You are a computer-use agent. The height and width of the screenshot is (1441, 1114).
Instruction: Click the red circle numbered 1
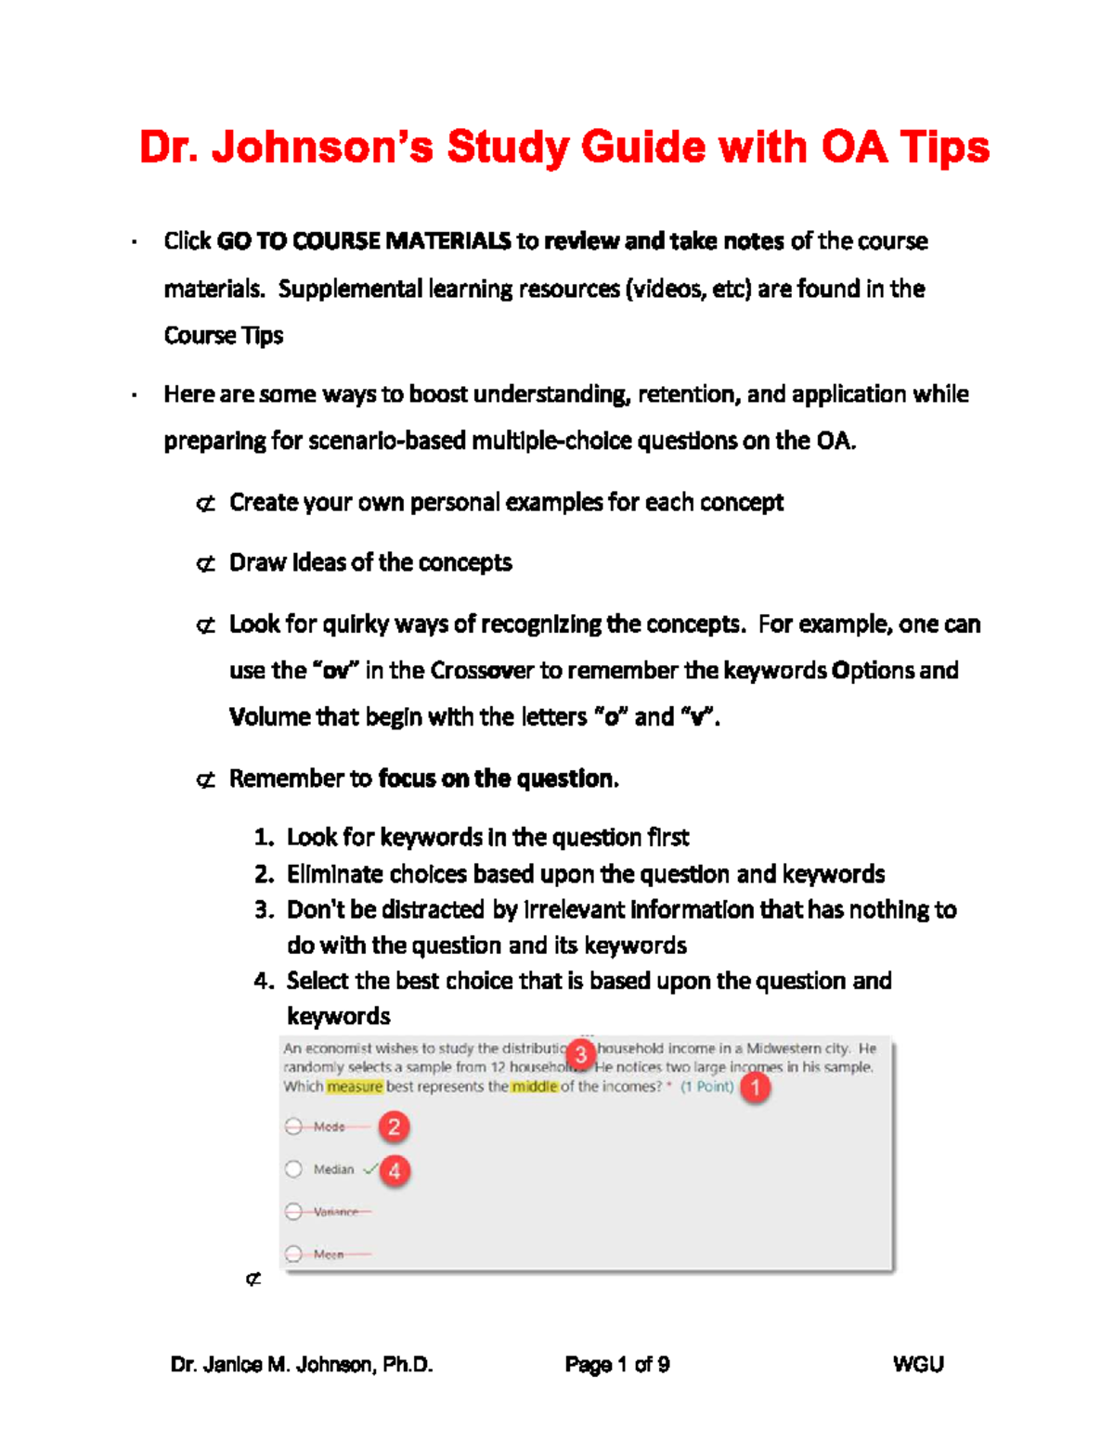[755, 1087]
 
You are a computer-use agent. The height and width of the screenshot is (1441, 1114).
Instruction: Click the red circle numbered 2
[394, 1127]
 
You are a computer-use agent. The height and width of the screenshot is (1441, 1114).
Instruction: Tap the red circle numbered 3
[581, 1054]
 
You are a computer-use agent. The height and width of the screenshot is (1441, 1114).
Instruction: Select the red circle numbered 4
[395, 1171]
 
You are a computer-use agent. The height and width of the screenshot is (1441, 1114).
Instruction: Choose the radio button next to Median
[294, 1169]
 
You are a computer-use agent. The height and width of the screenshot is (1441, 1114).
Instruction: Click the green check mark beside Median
[369, 1169]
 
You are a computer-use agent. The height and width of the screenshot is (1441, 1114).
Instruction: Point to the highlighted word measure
[355, 1087]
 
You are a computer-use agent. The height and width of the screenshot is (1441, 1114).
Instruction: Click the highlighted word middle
[535, 1087]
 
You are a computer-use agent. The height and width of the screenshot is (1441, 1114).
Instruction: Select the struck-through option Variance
[335, 1212]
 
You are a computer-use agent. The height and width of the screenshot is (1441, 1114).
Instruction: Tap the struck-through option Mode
[329, 1126]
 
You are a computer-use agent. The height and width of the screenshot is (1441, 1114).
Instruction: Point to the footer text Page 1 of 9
[617, 1364]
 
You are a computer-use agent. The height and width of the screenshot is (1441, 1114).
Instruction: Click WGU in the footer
[917, 1364]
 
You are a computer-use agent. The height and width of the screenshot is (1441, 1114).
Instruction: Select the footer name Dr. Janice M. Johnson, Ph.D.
[302, 1364]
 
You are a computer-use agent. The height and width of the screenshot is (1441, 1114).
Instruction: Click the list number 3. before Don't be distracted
[264, 910]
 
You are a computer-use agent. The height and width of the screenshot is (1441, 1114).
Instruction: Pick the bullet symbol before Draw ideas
[206, 564]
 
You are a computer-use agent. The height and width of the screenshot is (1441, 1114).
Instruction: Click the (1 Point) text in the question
[706, 1087]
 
